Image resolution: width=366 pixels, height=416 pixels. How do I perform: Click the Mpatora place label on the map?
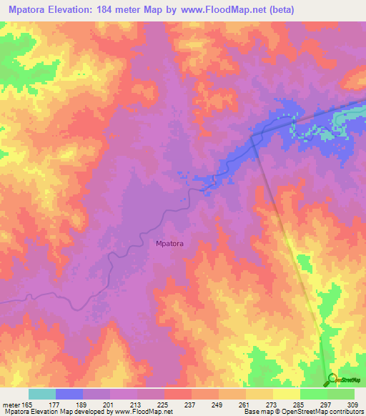(169, 244)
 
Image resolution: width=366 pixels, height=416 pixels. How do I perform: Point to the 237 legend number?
(191, 404)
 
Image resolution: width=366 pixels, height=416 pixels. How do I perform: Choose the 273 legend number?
(272, 404)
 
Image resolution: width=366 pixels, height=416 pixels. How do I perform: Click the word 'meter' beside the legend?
(12, 404)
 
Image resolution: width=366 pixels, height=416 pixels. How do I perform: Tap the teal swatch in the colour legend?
(41, 394)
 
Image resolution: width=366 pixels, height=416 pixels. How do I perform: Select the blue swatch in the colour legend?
(69, 394)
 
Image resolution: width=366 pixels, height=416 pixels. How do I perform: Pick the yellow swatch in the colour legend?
(286, 394)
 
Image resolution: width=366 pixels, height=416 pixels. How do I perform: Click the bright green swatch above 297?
(313, 394)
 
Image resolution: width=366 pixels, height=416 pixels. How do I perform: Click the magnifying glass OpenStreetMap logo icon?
(332, 379)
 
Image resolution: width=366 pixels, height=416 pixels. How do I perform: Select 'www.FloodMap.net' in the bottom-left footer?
(147, 412)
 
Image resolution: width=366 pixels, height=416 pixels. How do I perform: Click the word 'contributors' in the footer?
(344, 412)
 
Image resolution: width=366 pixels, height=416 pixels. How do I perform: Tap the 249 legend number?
(218, 404)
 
